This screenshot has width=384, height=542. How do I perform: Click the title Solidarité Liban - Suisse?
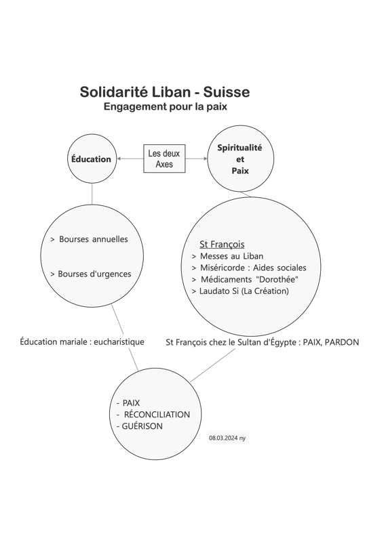(165, 92)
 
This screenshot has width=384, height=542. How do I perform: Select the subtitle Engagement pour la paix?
(165, 106)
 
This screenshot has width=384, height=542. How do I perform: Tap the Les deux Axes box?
(164, 159)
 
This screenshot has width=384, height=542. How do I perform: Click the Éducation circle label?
(91, 159)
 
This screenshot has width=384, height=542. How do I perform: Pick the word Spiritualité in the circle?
(239, 148)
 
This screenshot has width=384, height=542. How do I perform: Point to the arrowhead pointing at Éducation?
(119, 159)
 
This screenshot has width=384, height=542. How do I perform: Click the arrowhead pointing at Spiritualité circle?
(206, 159)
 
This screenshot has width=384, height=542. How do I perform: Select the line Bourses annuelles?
(90, 239)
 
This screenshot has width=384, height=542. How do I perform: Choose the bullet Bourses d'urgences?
(91, 274)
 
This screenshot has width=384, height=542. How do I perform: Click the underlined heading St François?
(222, 245)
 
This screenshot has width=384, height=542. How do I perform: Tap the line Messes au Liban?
(227, 256)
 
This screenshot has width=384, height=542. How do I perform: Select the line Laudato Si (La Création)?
(240, 291)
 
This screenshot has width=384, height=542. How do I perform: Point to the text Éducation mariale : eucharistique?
(82, 342)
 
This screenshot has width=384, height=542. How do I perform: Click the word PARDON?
(342, 342)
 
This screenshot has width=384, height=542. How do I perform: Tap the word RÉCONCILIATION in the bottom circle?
(157, 415)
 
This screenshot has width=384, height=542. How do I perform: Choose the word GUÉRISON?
(142, 426)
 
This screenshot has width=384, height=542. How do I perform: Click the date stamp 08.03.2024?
(223, 438)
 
